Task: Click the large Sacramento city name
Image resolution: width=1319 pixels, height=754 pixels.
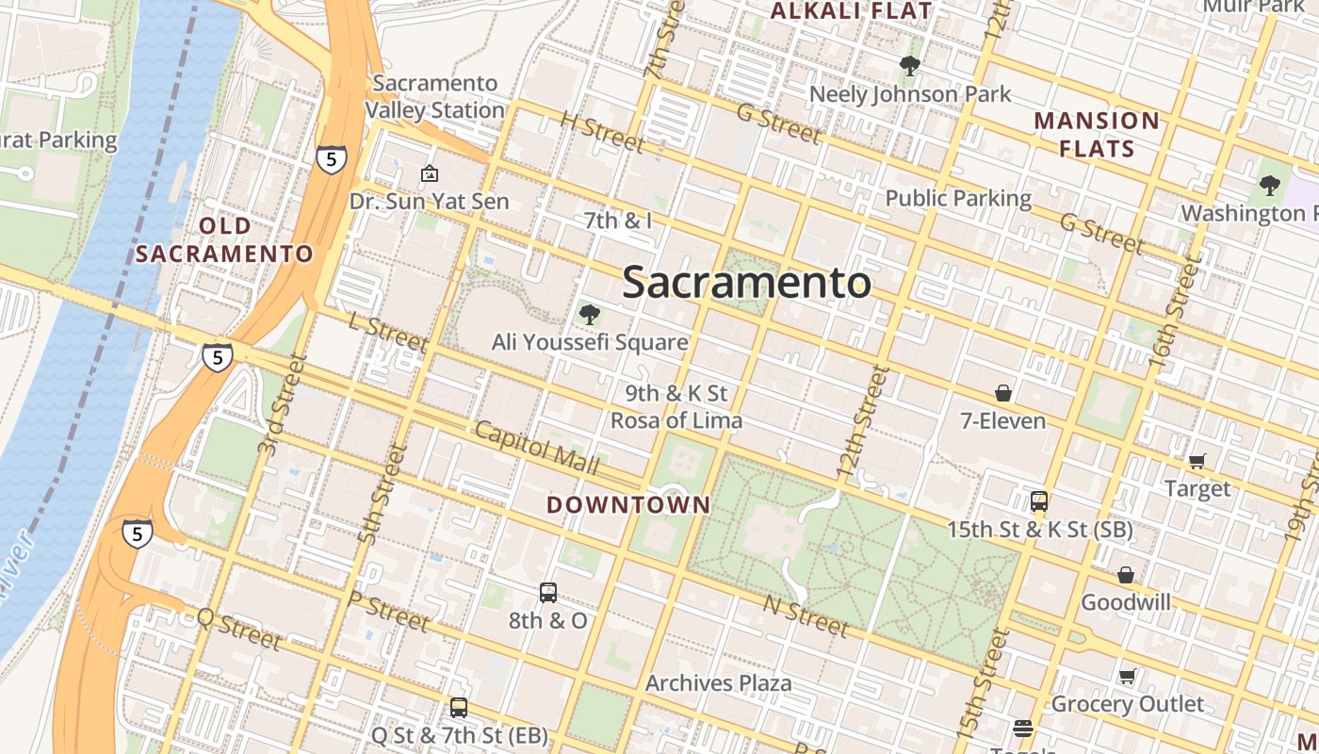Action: click(x=746, y=282)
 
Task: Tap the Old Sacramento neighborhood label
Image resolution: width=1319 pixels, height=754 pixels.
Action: click(x=224, y=240)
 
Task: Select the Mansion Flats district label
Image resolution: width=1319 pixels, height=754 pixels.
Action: click(x=1097, y=135)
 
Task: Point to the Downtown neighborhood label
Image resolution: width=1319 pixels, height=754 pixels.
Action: click(x=628, y=504)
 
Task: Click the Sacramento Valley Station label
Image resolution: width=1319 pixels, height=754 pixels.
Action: click(x=434, y=96)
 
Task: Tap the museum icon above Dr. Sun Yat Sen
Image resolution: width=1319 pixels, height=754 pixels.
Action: click(x=429, y=173)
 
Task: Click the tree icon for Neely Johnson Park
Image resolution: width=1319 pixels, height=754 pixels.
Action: click(x=909, y=66)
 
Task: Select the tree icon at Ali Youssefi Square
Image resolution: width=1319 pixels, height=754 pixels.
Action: click(x=590, y=315)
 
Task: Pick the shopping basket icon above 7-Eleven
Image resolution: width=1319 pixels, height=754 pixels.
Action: click(x=1003, y=393)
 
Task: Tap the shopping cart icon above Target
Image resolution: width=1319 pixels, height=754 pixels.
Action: click(x=1197, y=461)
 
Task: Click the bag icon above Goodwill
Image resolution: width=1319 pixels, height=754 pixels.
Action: click(x=1125, y=575)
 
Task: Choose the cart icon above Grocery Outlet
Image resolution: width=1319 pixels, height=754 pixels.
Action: click(x=1127, y=676)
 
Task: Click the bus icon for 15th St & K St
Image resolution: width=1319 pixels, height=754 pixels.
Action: click(x=1039, y=501)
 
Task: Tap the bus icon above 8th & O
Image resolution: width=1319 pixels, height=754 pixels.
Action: click(x=548, y=593)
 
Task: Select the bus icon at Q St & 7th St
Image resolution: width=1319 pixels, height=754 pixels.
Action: click(x=459, y=707)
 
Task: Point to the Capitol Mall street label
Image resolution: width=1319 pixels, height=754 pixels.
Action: click(x=536, y=448)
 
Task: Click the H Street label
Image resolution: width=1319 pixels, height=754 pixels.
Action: click(x=602, y=132)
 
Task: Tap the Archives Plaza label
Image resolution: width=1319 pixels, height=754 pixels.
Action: click(x=718, y=682)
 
